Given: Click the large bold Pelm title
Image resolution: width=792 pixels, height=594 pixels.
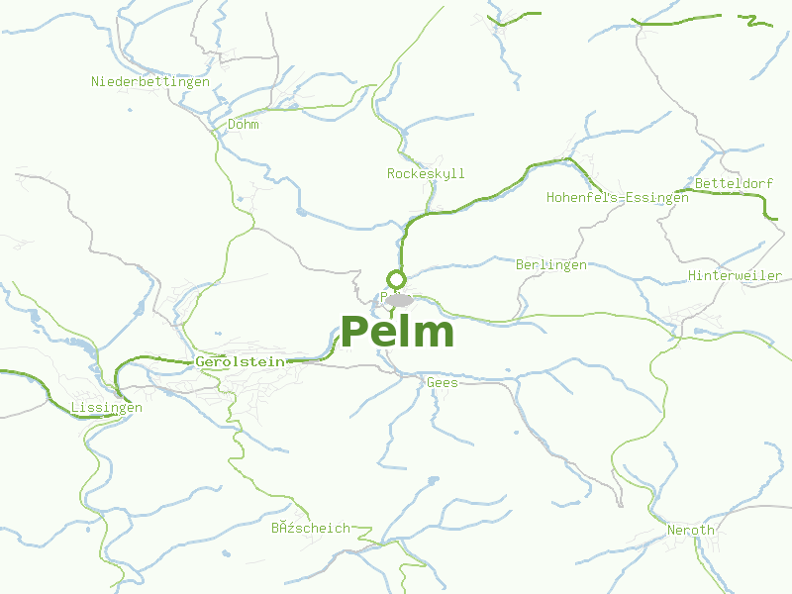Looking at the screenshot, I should (397, 332).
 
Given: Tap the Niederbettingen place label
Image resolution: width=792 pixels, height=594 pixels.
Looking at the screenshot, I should (150, 81).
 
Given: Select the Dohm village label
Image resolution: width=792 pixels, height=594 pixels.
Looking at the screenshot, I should (244, 125).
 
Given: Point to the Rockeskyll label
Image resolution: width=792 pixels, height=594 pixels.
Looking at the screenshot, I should (426, 173).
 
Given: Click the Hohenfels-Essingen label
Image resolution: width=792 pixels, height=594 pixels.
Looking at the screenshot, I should (618, 197).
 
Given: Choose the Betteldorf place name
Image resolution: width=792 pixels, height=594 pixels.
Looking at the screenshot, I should (734, 183).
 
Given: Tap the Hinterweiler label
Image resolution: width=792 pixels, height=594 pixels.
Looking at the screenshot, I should (735, 275).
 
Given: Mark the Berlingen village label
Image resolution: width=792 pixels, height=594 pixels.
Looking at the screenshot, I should (551, 264).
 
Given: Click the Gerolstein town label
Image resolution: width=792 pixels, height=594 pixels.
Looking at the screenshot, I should (241, 361).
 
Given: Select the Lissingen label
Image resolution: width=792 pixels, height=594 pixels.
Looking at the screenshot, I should (107, 407).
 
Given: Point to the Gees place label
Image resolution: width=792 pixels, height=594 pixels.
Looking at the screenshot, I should (443, 382).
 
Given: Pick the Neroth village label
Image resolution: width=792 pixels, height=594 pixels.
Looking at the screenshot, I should (690, 530).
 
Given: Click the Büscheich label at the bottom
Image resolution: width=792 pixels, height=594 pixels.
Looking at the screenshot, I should (311, 528).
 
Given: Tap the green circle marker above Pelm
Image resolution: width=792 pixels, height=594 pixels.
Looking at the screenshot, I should (397, 278).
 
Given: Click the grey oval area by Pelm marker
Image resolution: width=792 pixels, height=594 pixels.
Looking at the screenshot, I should (400, 300).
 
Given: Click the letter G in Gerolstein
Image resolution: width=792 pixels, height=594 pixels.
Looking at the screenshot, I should (200, 361).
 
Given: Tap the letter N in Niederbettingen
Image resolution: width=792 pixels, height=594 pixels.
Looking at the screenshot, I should (96, 81).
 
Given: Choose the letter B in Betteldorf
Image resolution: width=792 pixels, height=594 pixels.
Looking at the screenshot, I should (699, 183).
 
